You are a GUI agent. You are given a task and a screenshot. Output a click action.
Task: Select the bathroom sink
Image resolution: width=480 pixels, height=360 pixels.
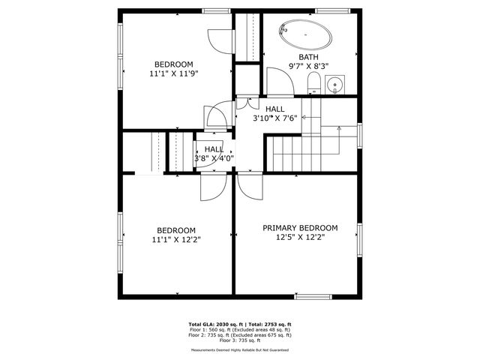click(x=334, y=83)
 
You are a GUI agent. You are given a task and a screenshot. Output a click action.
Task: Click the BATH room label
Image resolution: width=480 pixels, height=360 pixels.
click(x=308, y=57)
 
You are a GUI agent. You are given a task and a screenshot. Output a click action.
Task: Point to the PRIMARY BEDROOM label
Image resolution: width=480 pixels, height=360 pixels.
click(x=299, y=228)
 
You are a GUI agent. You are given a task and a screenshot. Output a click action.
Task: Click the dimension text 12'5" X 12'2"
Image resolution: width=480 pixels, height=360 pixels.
click(x=299, y=238)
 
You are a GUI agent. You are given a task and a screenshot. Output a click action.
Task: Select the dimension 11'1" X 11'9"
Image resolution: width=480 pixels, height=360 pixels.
click(x=174, y=73)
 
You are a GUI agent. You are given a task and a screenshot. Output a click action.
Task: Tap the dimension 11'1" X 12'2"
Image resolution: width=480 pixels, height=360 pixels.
click(x=175, y=240)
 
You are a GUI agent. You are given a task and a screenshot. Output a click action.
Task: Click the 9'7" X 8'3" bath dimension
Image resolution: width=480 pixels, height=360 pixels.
click(x=308, y=66)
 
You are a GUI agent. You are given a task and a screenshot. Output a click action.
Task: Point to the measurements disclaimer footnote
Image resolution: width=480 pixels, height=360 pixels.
click(x=239, y=349)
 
